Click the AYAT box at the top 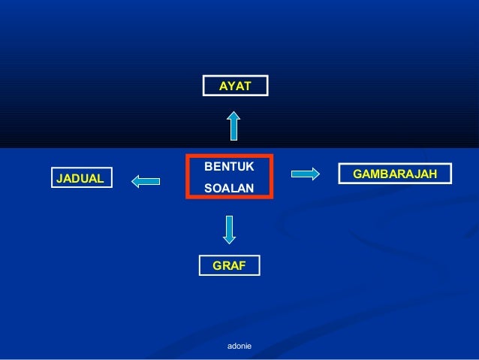(235, 86)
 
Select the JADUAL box (80, 178)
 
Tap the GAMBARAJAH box (396, 174)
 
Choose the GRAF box (229, 265)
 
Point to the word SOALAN (229, 189)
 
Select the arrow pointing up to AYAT (234, 126)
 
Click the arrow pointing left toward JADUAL (146, 180)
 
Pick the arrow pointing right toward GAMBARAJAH (306, 174)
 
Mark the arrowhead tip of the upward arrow (234, 113)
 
